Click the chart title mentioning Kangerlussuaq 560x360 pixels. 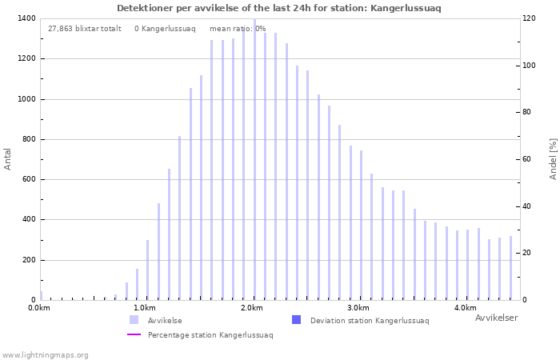(279, 8)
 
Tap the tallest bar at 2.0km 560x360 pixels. (254, 159)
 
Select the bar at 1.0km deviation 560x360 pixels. (147, 270)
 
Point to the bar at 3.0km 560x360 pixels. (361, 226)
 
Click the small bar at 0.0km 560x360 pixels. (41, 296)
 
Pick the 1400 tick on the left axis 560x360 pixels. (26, 18)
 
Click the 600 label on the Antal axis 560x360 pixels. (29, 180)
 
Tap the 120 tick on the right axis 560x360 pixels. (529, 18)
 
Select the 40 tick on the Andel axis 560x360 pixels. (526, 206)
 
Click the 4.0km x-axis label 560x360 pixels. (466, 308)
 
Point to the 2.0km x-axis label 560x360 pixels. (253, 308)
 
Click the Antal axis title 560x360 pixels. (7, 159)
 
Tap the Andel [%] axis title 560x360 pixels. (553, 159)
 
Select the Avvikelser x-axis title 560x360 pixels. (497, 318)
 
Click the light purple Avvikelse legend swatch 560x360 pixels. (134, 320)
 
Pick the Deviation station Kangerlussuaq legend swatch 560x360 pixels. (297, 320)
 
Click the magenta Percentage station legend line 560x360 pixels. (134, 334)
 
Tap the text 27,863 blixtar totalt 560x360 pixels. (85, 29)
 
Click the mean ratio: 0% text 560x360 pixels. (238, 29)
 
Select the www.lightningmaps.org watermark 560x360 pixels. (45, 355)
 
